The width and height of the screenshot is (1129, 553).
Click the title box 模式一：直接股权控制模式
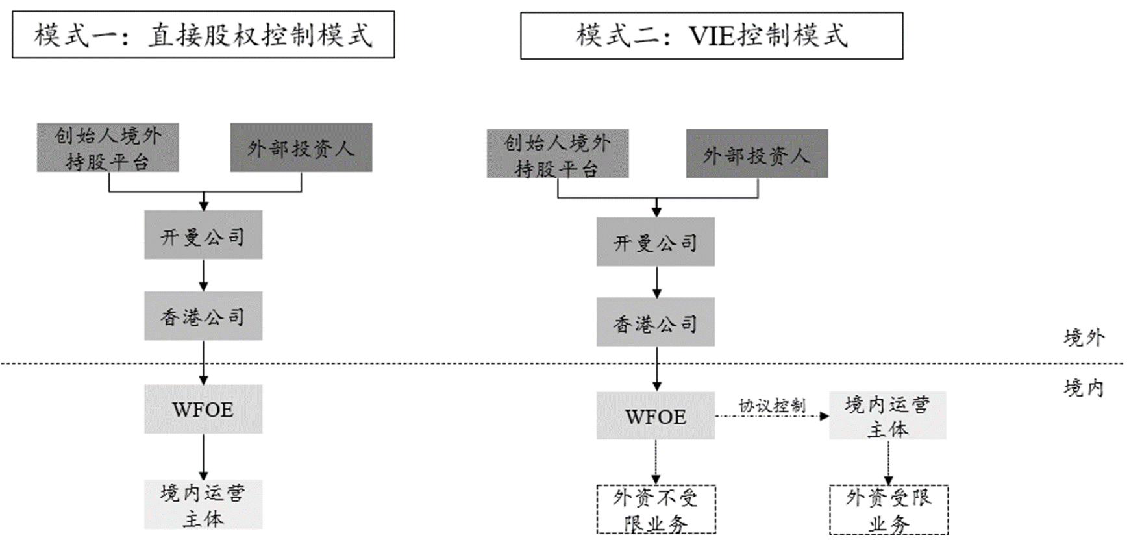pyautogui.click(x=203, y=35)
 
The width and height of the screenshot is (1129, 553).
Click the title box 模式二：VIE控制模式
pyautogui.click(x=711, y=36)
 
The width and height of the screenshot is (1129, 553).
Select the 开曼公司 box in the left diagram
pyautogui.click(x=203, y=235)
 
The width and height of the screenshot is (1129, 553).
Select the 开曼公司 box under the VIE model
pyautogui.click(x=656, y=242)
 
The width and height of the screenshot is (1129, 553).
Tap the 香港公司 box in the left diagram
pyautogui.click(x=203, y=316)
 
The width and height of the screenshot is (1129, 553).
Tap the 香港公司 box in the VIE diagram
pyautogui.click(x=656, y=323)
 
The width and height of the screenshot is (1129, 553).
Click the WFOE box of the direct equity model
pyautogui.click(x=203, y=410)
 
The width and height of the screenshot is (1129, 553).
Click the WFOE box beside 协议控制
pyautogui.click(x=656, y=416)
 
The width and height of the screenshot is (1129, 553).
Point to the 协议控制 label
pyautogui.click(x=772, y=406)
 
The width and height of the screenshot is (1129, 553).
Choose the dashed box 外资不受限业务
pyautogui.click(x=656, y=510)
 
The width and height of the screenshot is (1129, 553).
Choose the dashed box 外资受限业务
pyautogui.click(x=888, y=510)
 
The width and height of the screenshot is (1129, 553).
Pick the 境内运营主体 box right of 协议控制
pyautogui.click(x=887, y=416)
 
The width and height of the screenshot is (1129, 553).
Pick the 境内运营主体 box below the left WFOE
pyautogui.click(x=203, y=505)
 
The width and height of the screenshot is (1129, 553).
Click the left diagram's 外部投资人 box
pyautogui.click(x=301, y=148)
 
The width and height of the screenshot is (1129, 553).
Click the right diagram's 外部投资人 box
pyautogui.click(x=757, y=154)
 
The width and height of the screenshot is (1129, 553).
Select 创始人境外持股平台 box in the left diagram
pyautogui.click(x=108, y=148)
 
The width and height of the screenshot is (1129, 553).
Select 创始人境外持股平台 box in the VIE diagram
pyautogui.click(x=558, y=154)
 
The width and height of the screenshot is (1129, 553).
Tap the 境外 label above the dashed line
pyautogui.click(x=1084, y=338)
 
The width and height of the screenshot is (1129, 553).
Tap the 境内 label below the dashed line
pyautogui.click(x=1084, y=388)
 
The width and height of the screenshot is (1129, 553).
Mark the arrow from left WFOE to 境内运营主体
pyautogui.click(x=203, y=457)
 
